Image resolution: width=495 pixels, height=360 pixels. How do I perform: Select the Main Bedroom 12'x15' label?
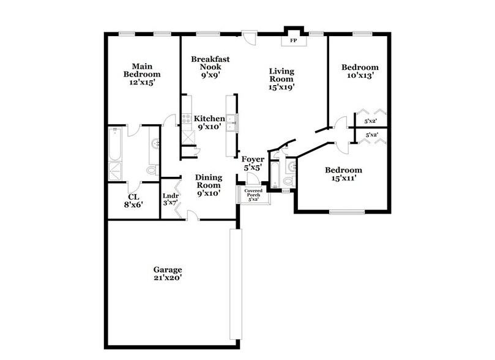(138, 74)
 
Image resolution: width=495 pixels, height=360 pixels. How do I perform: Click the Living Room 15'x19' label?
(281, 79)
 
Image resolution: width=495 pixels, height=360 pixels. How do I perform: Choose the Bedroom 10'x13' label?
(359, 71)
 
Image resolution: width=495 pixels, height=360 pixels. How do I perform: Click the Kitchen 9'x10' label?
(209, 122)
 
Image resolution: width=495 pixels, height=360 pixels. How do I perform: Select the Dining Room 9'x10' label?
(208, 186)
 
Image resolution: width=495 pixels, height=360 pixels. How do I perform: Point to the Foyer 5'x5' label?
(253, 163)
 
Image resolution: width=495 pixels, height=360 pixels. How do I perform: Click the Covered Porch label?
(253, 195)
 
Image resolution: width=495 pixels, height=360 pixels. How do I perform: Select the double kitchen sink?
(231, 124)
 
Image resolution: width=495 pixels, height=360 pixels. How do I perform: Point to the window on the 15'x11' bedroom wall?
(346, 212)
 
